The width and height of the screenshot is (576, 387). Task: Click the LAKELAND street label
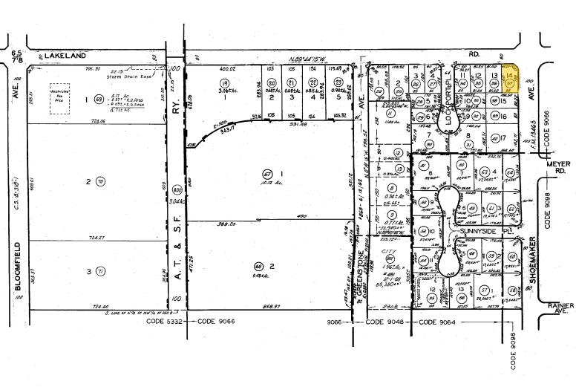coord(65,55)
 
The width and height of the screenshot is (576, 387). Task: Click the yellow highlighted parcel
coord(511,82)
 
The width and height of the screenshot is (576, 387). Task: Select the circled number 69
coord(99,99)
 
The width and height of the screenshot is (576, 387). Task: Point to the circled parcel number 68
coord(258,267)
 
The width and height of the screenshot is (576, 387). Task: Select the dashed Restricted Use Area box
coord(59,98)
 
